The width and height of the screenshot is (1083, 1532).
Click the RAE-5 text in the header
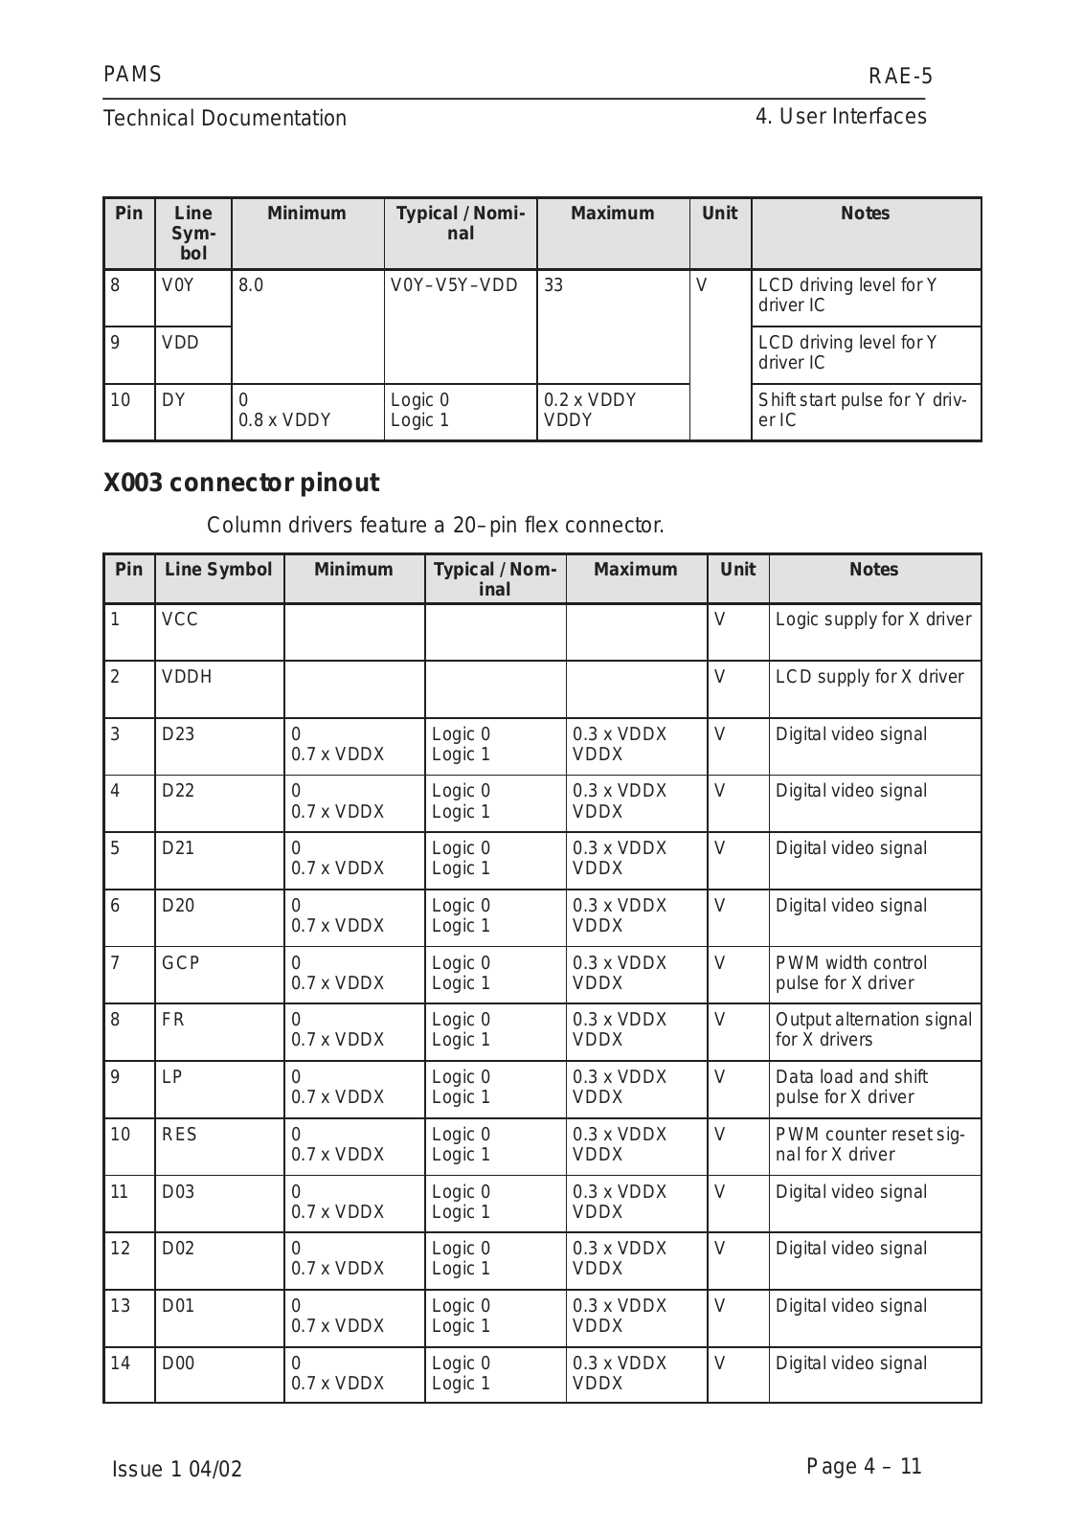pos(899,77)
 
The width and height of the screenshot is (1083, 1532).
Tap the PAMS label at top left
pos(132,75)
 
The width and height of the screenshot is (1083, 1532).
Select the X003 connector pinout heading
pos(240,484)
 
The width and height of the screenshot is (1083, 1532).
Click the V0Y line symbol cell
pos(178,285)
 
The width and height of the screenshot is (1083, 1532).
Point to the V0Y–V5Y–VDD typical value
pos(454,285)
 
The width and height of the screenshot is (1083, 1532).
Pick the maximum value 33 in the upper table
pos(553,285)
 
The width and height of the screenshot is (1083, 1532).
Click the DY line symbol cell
pos(173,400)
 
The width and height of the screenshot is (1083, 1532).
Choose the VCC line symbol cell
pos(180,620)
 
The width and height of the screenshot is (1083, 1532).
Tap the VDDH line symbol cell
pos(187,677)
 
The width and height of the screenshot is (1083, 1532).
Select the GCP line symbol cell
pos(181,963)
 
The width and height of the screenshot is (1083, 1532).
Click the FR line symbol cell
pos(173,1020)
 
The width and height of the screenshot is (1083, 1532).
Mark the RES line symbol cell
pos(179,1135)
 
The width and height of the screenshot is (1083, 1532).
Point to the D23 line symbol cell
pos(178,734)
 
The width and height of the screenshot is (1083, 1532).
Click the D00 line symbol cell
pos(178,1363)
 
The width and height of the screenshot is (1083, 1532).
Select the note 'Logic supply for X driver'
pos(872,620)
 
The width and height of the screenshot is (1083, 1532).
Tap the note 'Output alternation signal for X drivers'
pos(872,1029)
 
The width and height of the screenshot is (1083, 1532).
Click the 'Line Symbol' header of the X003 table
pos(218,570)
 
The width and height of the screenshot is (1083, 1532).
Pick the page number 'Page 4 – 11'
pos(864,1467)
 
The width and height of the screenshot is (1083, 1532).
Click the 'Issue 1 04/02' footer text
pos(177,1470)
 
